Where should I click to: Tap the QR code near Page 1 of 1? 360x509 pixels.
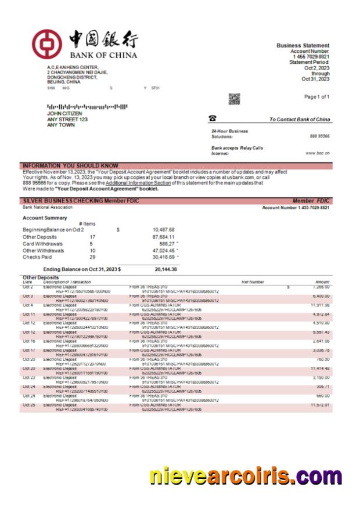(234, 99)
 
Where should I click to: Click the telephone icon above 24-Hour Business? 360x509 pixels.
(213, 118)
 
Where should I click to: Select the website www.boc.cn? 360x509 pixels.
(318, 153)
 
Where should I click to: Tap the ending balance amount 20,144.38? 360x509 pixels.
(165, 269)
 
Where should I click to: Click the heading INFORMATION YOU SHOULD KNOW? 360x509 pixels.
(70, 165)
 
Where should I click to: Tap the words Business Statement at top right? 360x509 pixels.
(303, 45)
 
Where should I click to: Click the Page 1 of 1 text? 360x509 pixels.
(316, 97)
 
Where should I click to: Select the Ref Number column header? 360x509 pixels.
(253, 282)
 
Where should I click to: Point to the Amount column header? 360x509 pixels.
(322, 282)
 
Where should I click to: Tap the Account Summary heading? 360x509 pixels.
(45, 218)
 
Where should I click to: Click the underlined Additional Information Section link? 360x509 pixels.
(138, 183)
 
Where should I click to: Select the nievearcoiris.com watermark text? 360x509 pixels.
(246, 475)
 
